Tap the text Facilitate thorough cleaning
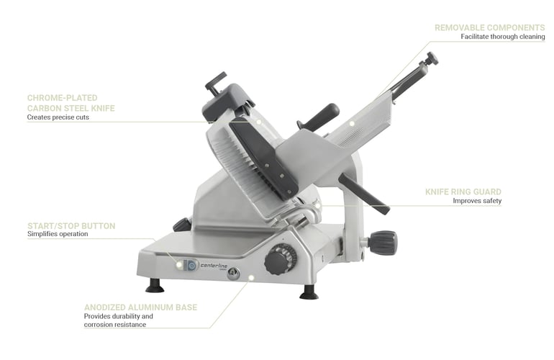point(502,37)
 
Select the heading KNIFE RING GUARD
point(463,192)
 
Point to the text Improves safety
point(477,201)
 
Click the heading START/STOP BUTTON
point(71,226)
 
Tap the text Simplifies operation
point(58,234)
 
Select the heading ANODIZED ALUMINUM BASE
point(140,307)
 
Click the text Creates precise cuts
point(58,117)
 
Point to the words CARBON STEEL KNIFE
point(71,108)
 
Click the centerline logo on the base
point(214,266)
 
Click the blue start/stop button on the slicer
point(191,265)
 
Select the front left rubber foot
point(155,286)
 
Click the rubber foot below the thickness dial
point(309,292)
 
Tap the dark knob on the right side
point(382,242)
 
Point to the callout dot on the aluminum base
point(251,278)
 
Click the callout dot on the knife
point(258,122)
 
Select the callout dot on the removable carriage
point(352,123)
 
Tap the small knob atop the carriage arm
point(432,59)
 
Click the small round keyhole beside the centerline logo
point(233,273)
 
